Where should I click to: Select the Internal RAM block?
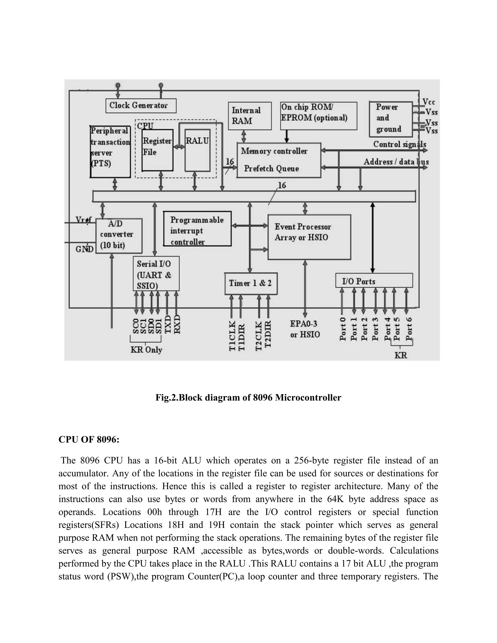(249, 116)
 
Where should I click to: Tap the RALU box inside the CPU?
(197, 150)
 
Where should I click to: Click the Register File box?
(157, 150)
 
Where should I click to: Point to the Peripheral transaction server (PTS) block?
(110, 152)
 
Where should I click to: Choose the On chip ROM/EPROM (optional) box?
(318, 116)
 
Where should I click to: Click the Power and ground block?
(390, 119)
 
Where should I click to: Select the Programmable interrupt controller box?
(197, 229)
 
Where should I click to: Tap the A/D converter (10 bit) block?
(119, 236)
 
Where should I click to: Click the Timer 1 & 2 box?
(250, 283)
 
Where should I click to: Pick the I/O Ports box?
(374, 280)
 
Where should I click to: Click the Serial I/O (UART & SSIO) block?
(156, 273)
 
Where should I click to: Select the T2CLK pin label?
(259, 335)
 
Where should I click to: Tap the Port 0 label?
(342, 329)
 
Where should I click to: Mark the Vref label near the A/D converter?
(83, 220)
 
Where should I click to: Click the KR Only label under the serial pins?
(146, 350)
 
